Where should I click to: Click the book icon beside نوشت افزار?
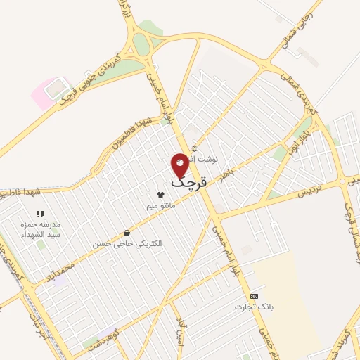pyautogui.click(x=195, y=148)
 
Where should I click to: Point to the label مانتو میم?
pyautogui.click(x=160, y=206)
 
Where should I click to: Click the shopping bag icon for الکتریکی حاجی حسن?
pyautogui.click(x=127, y=233)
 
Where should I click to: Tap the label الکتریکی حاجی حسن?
pyautogui.click(x=127, y=243)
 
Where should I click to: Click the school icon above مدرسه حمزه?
pyautogui.click(x=40, y=214)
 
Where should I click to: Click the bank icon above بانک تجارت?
pyautogui.click(x=254, y=296)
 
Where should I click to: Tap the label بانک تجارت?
pyautogui.click(x=254, y=307)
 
